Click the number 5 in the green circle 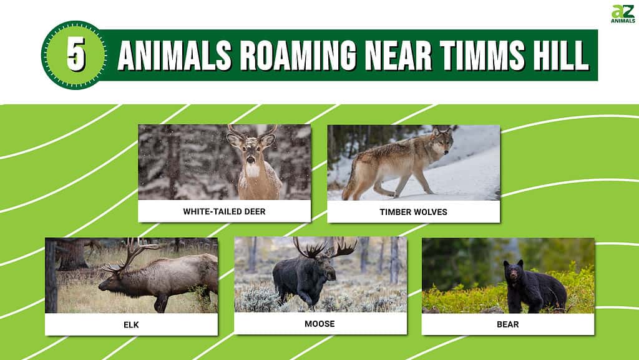[76, 54]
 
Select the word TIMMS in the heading [482, 56]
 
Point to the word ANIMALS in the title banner [175, 56]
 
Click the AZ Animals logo [623, 14]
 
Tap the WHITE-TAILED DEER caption [224, 211]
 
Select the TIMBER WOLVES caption [413, 212]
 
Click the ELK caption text [131, 325]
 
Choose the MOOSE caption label [320, 324]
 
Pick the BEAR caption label [508, 324]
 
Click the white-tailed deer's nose [251, 159]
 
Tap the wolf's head [442, 141]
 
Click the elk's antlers [130, 255]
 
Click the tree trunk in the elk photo [51, 276]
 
